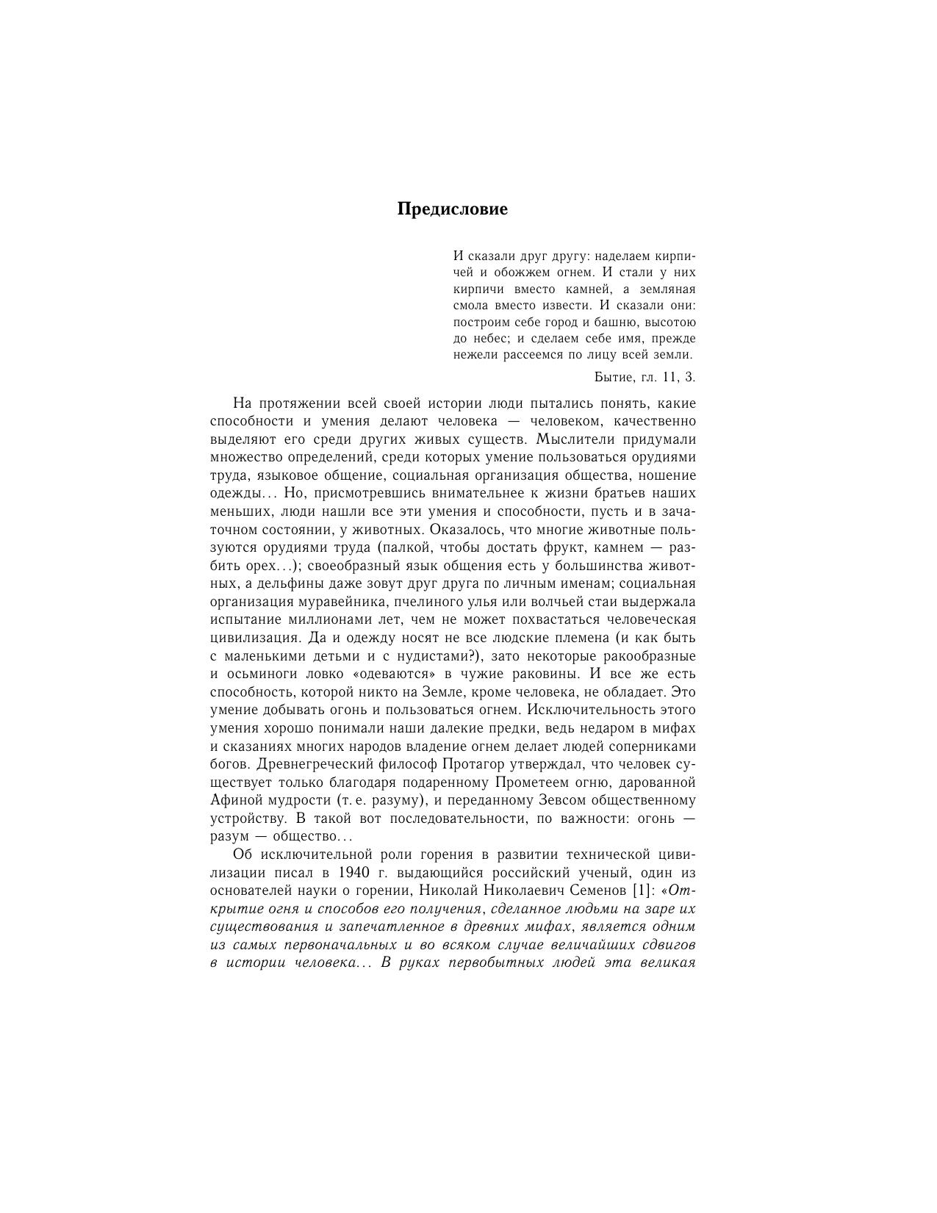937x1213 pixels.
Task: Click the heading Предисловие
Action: [x=452, y=209]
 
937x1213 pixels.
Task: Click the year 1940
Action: [x=356, y=873]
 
